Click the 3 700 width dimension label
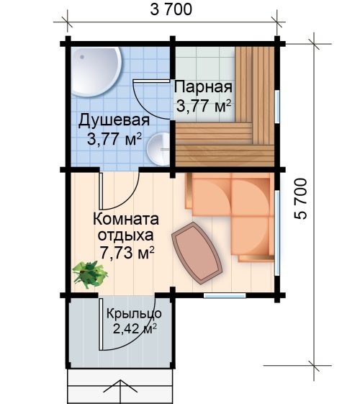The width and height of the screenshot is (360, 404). (171, 9)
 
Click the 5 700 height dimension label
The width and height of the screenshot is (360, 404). (301, 199)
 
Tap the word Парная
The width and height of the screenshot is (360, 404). (203, 87)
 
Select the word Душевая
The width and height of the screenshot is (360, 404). (114, 120)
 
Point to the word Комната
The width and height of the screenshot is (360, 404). (126, 219)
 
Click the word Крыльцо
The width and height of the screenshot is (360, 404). (134, 314)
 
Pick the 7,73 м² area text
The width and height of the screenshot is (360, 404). (127, 253)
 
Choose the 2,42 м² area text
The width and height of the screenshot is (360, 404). (135, 329)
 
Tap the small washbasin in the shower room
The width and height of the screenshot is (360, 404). (158, 149)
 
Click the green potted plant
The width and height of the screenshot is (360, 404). (89, 274)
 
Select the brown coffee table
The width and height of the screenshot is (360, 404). (197, 253)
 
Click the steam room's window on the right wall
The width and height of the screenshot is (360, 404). (276, 107)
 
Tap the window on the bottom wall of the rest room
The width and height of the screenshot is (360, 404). (225, 295)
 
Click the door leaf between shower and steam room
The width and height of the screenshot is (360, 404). (151, 81)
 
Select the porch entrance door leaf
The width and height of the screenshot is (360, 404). (101, 324)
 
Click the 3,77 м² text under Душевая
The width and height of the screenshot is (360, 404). (114, 139)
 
